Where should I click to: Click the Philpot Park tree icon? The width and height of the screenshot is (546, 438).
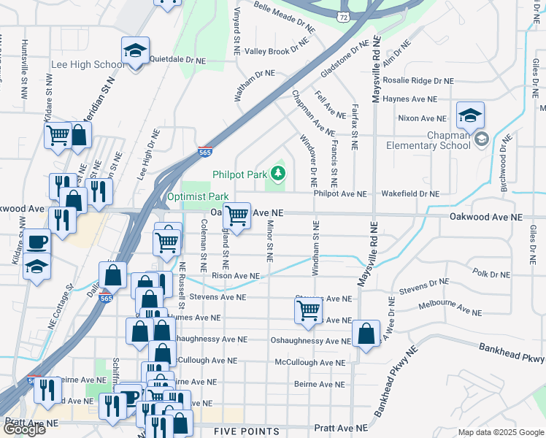pyautogui.click(x=277, y=174)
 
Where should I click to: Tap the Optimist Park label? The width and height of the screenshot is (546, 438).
pyautogui.click(x=197, y=196)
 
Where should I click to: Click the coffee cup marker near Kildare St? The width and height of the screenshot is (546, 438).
pyautogui.click(x=36, y=242)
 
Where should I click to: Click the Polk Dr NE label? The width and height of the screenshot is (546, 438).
pyautogui.click(x=491, y=273)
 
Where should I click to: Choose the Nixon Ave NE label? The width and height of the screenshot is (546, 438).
pyautogui.click(x=422, y=118)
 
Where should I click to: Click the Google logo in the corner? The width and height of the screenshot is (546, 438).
pyautogui.click(x=24, y=429)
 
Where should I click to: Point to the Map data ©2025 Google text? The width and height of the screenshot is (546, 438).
pyautogui.click(x=500, y=432)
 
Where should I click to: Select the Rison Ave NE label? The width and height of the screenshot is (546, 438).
pyautogui.click(x=235, y=277)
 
